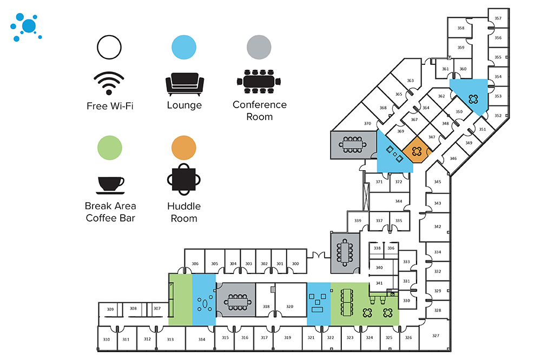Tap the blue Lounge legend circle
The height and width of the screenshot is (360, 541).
click(184, 48)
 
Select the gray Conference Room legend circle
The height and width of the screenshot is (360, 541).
click(259, 48)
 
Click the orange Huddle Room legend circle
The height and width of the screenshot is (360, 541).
click(184, 148)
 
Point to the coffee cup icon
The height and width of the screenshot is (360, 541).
click(110, 184)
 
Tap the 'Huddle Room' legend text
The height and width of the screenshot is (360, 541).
click(184, 212)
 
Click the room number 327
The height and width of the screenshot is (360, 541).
click(436, 336)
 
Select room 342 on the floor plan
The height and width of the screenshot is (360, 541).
click(437, 226)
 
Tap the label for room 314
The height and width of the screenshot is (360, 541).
click(202, 339)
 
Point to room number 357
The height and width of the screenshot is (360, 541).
click(498, 18)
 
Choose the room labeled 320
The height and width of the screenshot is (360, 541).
click(289, 306)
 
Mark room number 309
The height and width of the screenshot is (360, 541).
click(110, 309)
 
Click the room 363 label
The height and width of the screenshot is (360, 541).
click(410, 81)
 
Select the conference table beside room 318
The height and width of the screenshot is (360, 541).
click(236, 301)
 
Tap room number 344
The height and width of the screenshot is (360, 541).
click(398, 201)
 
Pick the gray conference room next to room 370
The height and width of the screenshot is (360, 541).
click(352, 144)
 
